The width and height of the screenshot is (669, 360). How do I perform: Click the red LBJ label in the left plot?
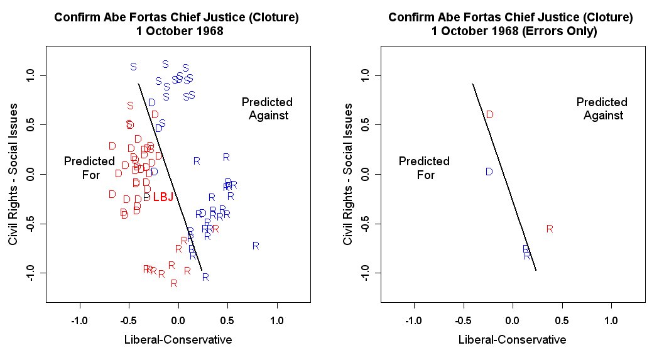[x=163, y=197]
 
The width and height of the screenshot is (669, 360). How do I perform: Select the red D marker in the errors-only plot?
[x=489, y=114]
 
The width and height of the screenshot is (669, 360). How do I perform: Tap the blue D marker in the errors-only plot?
[x=489, y=172]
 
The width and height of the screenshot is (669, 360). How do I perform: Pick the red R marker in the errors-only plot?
[x=550, y=229]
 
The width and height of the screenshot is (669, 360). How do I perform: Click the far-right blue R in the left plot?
[x=256, y=246]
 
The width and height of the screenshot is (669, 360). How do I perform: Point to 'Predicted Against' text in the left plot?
[x=268, y=109]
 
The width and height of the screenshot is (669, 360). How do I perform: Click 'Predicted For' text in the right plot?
[x=425, y=168]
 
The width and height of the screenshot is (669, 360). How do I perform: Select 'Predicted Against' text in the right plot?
[x=602, y=109]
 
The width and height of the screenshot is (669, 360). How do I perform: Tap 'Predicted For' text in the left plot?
[x=90, y=168]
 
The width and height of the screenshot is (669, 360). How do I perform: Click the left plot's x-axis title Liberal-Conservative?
[x=178, y=340]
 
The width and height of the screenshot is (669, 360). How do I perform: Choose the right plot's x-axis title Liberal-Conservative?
[x=512, y=340]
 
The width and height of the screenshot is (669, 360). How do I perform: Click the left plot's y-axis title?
[x=13, y=175]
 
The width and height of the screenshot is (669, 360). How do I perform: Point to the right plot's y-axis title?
[x=347, y=175]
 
